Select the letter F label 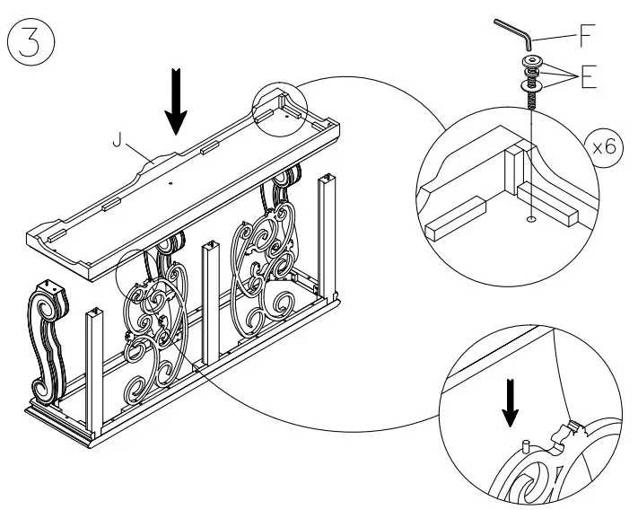586,38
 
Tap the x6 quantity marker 605,148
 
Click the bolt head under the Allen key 532,62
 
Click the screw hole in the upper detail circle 532,217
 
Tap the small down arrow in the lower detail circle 510,404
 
